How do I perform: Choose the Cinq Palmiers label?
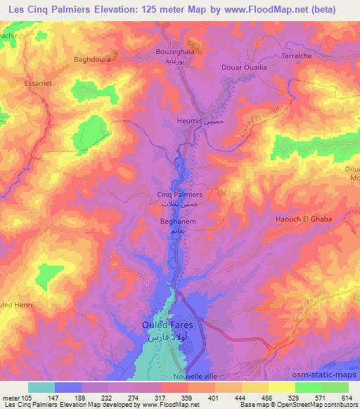click(x=179, y=194)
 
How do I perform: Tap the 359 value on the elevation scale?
click(x=188, y=397)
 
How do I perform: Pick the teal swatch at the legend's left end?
click(x=41, y=387)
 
